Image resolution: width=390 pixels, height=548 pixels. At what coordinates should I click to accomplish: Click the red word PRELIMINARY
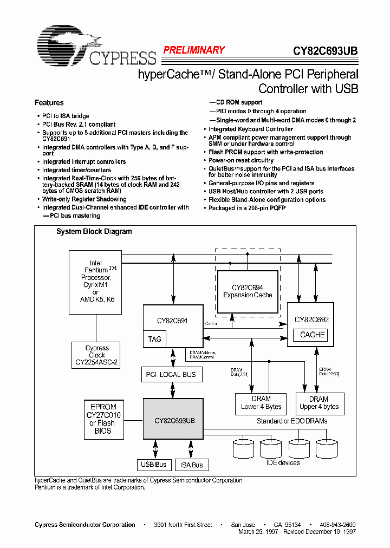coord(194,50)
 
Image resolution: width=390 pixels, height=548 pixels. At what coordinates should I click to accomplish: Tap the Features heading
coord(49,103)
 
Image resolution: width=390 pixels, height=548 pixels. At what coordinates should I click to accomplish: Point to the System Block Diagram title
coord(94,232)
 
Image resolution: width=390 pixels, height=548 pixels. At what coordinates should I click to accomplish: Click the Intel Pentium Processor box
coord(95,282)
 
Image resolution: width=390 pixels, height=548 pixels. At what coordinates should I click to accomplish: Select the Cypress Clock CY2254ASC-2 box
coord(96,355)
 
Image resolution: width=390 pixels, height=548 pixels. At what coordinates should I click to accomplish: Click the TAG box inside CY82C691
coord(154,339)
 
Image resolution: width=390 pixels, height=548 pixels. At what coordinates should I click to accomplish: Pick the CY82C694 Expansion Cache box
coord(248,291)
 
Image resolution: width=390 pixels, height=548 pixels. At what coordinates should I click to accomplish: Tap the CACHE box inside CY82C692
coord(312,335)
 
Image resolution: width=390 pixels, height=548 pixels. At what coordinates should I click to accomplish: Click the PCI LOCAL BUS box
coord(171,375)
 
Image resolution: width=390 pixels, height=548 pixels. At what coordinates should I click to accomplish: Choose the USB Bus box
coord(153,465)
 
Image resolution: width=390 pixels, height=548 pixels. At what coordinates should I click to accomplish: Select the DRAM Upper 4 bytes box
coord(318,403)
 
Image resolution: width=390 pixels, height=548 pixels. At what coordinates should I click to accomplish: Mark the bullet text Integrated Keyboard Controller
coord(251,129)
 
